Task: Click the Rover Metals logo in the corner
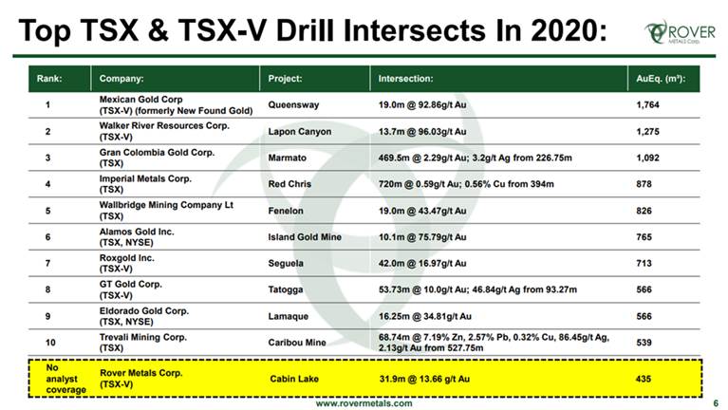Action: tap(680, 32)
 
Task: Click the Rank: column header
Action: tap(49, 79)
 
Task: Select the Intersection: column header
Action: tap(405, 79)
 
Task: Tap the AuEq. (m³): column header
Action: tap(661, 79)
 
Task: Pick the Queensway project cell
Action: tap(293, 105)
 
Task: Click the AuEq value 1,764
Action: tap(647, 105)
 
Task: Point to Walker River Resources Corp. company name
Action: tap(164, 131)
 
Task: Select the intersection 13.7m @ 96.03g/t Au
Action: tap(422, 131)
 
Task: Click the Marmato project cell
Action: tap(287, 158)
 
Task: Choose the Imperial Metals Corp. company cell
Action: tap(145, 184)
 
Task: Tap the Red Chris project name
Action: tap(289, 184)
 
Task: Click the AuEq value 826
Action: tap(644, 211)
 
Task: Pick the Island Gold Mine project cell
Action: tap(305, 237)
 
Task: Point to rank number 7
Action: tap(47, 263)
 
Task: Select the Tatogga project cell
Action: tap(286, 289)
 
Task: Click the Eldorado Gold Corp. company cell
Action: tap(144, 316)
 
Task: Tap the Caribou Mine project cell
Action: tap(297, 343)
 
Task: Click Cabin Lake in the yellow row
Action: tap(294, 379)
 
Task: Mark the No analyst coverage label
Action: tap(65, 379)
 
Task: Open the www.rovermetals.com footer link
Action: tap(364, 403)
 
